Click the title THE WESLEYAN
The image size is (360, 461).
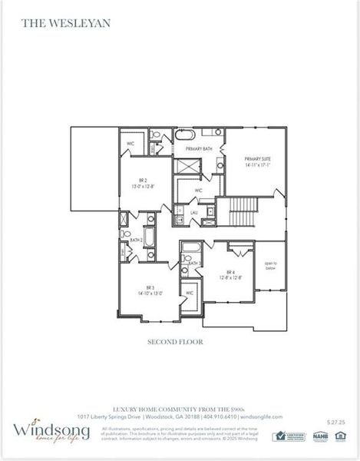(x=55, y=23)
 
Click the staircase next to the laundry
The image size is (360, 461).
(x=230, y=211)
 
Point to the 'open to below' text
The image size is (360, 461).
(x=270, y=266)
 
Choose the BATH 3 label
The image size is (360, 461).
(x=193, y=263)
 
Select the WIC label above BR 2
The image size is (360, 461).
(x=129, y=143)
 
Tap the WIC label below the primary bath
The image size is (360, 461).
(x=198, y=190)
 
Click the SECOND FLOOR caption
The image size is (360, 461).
(x=175, y=342)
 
